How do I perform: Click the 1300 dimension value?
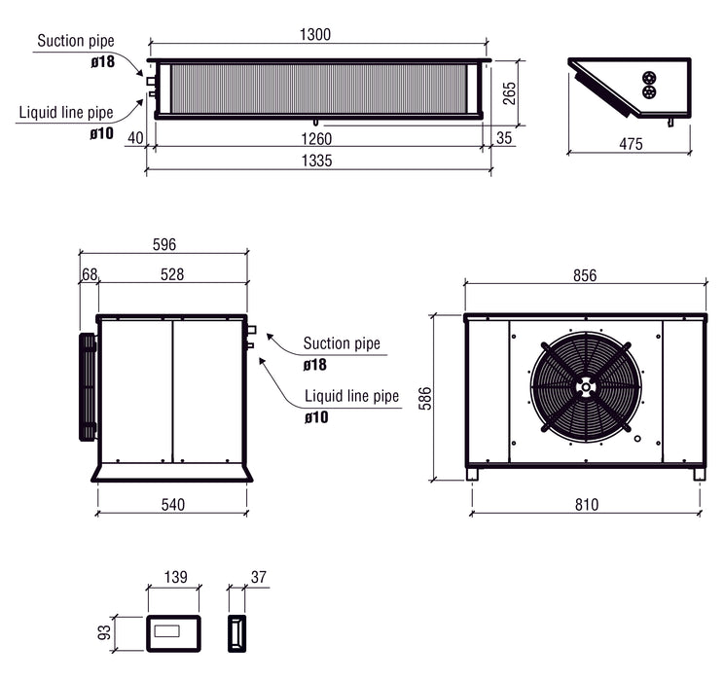pos(316,34)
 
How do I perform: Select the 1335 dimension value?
pos(316,161)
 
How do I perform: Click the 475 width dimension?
pos(631,144)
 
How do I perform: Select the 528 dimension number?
pos(171,275)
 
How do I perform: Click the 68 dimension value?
pos(90,275)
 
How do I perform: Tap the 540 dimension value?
pos(172,504)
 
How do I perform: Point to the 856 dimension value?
pos(584,275)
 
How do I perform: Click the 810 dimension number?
pos(586,504)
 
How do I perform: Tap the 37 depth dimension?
pos(258,578)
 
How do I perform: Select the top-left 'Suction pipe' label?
pos(74,41)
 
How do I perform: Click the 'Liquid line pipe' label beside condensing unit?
pos(351,397)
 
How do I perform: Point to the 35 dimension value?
pos(503,138)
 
